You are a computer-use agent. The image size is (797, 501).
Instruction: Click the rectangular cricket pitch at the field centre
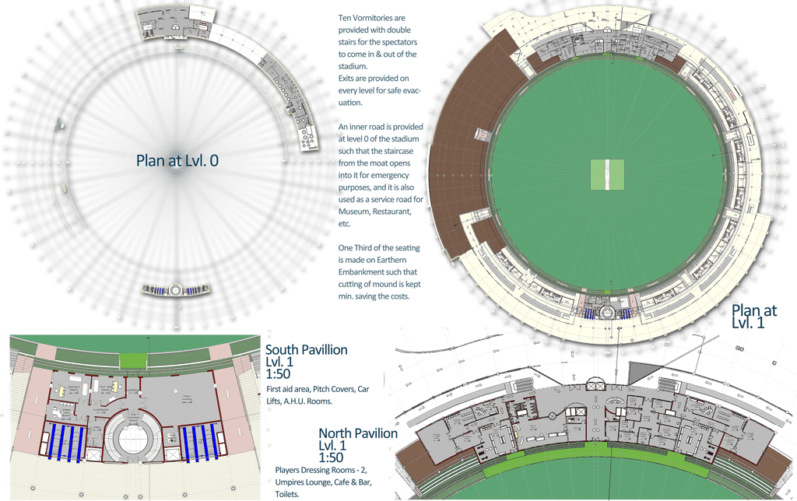pos(608,174)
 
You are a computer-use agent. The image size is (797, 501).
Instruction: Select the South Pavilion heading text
pos(306,351)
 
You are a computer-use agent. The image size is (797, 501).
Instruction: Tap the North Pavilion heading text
pos(358,433)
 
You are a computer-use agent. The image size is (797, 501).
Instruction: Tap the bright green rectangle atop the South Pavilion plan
pos(132,361)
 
